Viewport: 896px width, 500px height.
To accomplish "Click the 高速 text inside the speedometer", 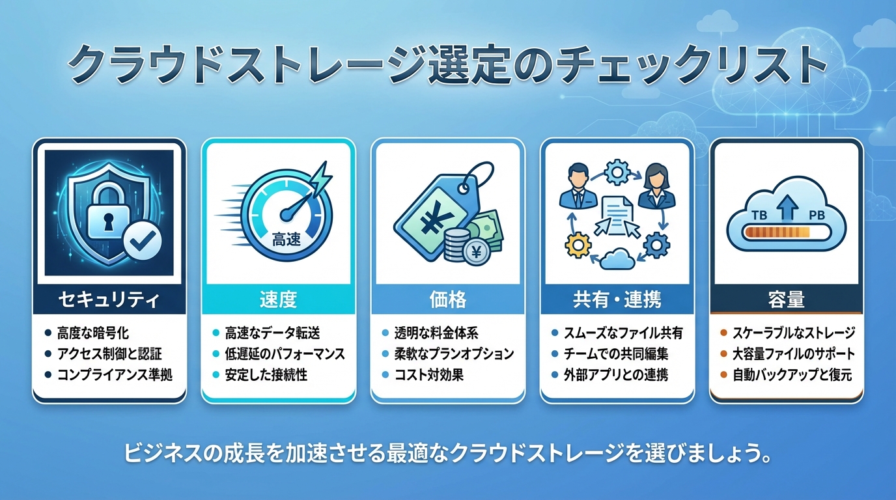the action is (x=287, y=240).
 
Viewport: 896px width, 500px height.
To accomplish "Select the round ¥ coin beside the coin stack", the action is (x=476, y=253).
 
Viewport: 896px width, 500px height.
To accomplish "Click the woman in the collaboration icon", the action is (x=656, y=186).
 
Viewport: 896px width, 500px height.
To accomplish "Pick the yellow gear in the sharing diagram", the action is (x=578, y=245).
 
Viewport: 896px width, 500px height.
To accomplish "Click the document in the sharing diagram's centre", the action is (x=617, y=214).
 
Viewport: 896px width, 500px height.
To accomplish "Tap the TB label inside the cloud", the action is (x=759, y=215).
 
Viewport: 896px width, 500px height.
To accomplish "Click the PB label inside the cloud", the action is (x=817, y=215).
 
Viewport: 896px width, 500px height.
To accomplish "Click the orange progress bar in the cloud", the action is (x=776, y=232).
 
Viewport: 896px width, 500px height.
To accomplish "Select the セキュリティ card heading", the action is (x=109, y=299).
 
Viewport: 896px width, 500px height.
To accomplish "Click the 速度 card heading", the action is (x=279, y=299).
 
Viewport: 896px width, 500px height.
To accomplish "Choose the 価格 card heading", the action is (x=447, y=299).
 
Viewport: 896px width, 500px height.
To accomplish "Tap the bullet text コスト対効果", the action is (x=428, y=375).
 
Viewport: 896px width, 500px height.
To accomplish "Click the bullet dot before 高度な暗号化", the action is (x=48, y=333).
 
